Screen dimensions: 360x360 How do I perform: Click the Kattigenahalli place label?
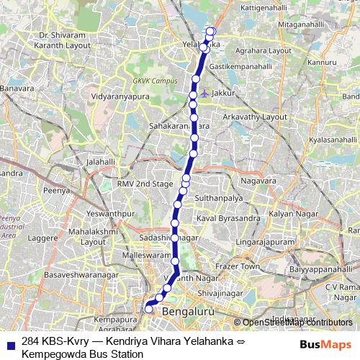(x=262, y=6)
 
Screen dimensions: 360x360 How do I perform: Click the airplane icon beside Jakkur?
(x=206, y=93)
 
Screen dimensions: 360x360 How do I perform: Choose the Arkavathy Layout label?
(x=255, y=116)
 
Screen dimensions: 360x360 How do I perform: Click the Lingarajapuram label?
(x=266, y=243)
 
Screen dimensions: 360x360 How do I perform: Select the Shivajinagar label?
(x=216, y=293)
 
